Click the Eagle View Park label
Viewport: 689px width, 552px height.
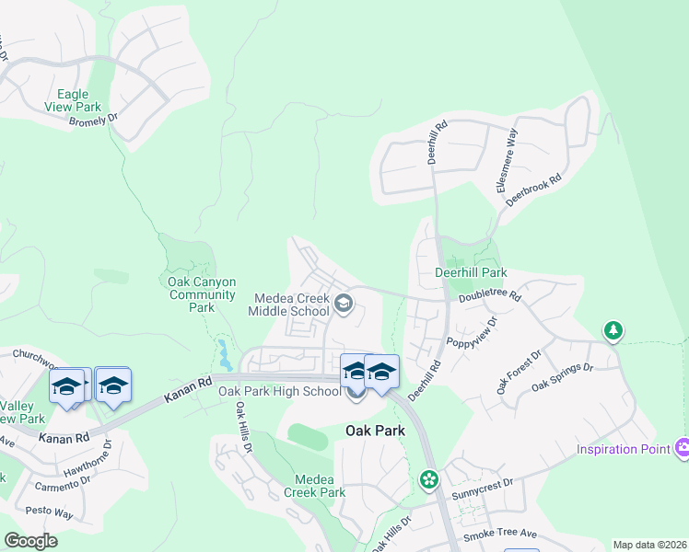(x=73, y=100)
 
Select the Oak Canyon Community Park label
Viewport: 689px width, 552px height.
(x=201, y=294)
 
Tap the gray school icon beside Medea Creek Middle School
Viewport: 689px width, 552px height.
(x=343, y=304)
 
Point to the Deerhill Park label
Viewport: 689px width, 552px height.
(x=471, y=273)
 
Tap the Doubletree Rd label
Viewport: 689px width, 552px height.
(x=489, y=296)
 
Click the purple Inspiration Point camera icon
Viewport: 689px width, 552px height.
(x=682, y=448)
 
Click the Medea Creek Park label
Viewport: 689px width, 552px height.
(x=320, y=486)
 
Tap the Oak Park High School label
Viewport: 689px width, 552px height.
(x=279, y=391)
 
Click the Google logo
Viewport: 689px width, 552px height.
(x=30, y=540)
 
